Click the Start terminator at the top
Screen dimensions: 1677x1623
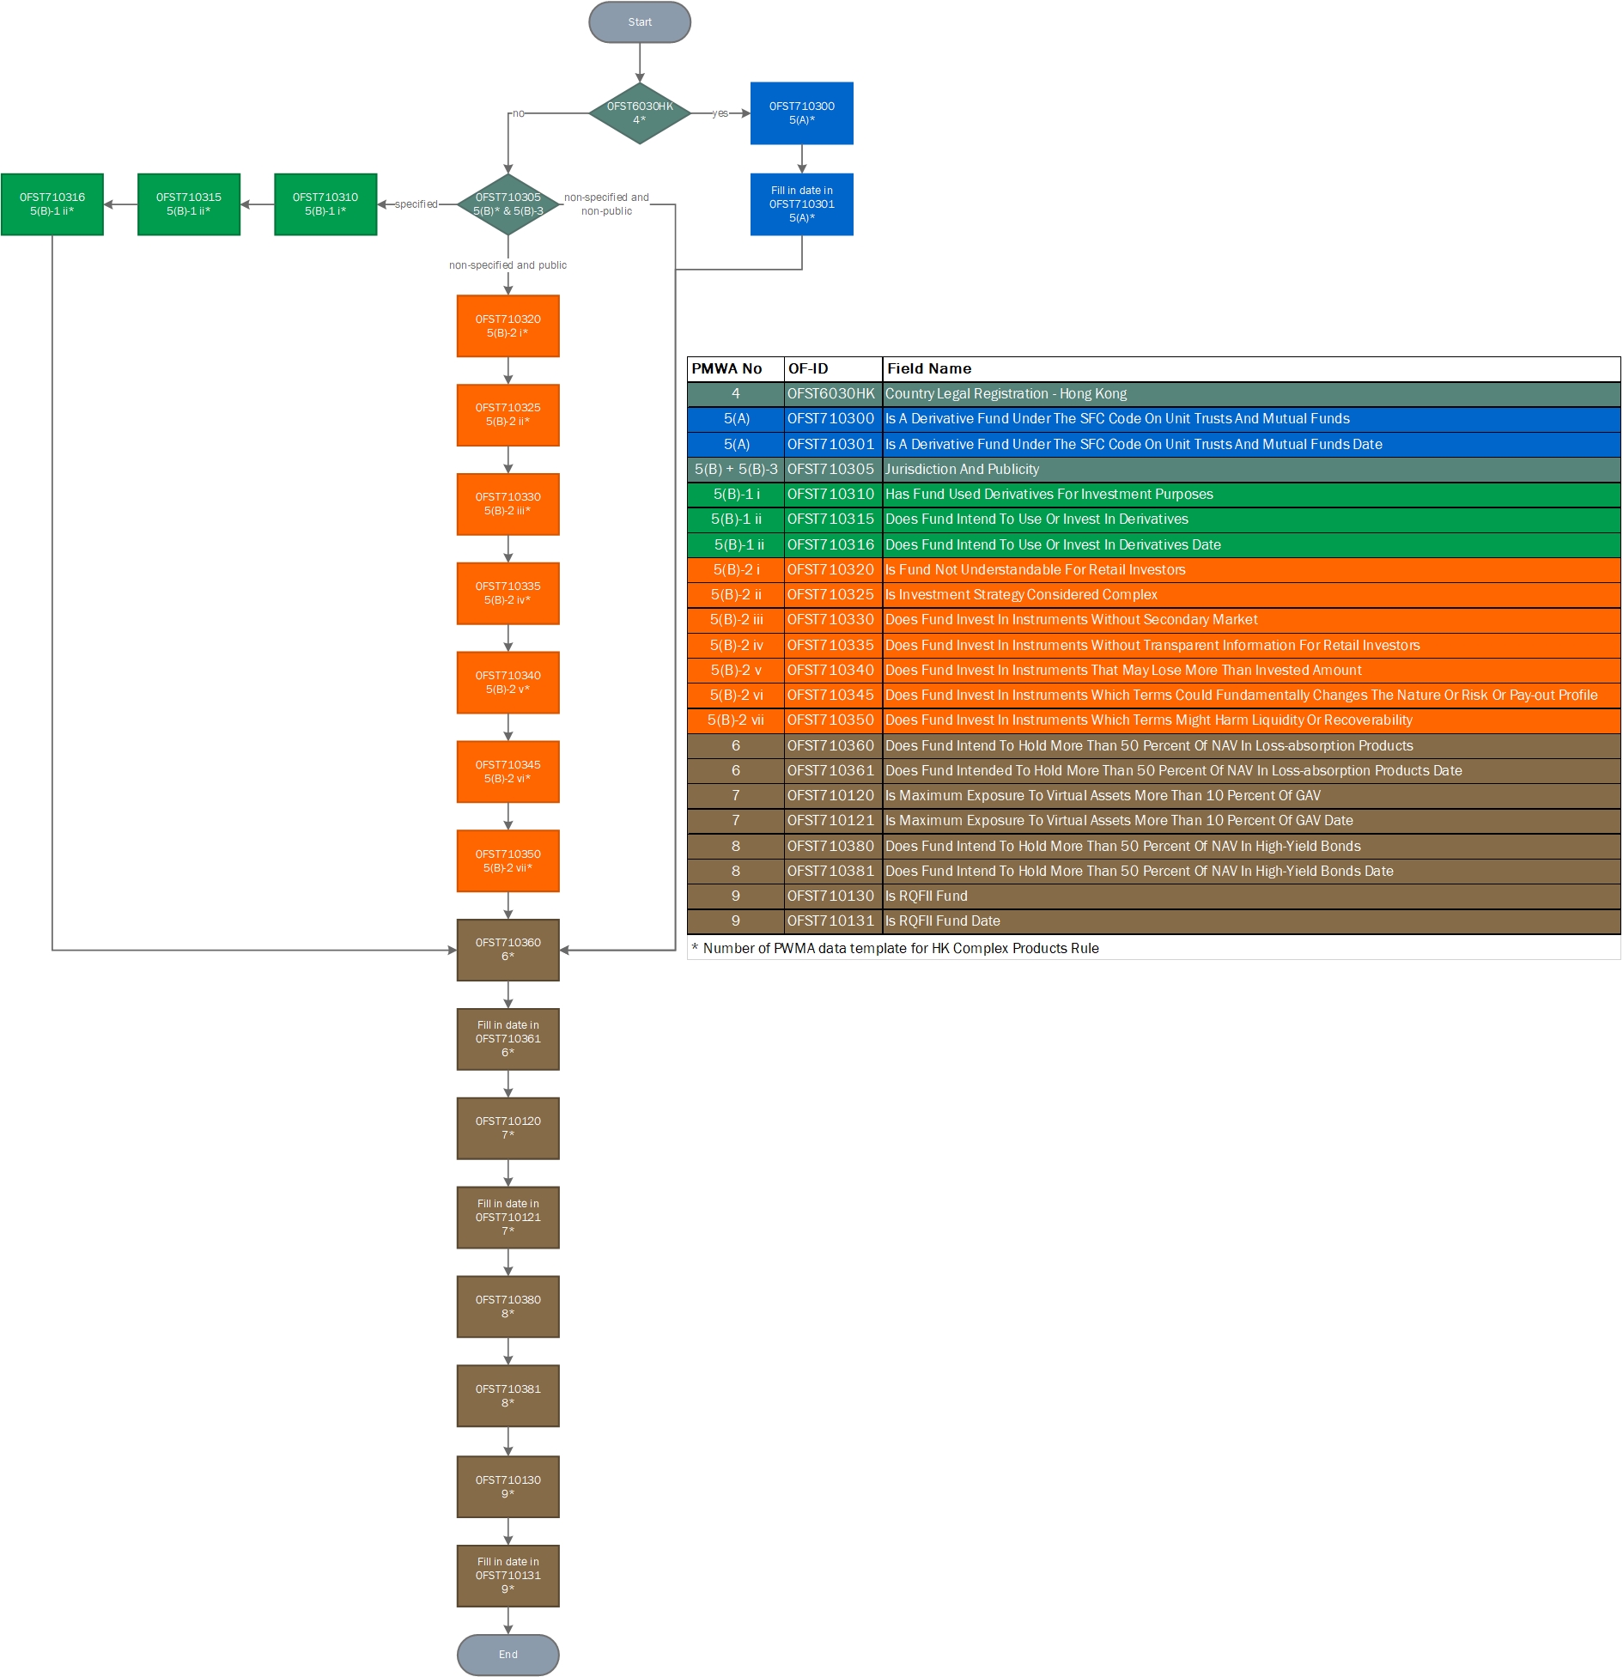(x=639, y=22)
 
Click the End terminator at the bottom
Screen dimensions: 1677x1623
(x=508, y=1654)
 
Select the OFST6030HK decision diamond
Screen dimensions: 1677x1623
(x=639, y=113)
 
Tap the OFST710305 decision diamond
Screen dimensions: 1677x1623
(x=508, y=204)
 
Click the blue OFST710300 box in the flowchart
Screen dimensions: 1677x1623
(x=801, y=113)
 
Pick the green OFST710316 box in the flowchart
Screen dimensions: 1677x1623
(x=52, y=204)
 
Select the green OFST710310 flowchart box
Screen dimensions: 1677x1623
(x=325, y=204)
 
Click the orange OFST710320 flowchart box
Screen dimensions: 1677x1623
(x=508, y=326)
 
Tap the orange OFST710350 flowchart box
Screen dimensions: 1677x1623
(x=508, y=860)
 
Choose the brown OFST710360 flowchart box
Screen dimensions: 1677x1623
(x=508, y=950)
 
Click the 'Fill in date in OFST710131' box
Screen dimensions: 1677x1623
(x=508, y=1576)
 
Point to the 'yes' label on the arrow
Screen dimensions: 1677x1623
(x=720, y=113)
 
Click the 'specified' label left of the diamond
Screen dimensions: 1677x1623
(x=416, y=204)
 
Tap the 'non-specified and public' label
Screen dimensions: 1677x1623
(x=508, y=265)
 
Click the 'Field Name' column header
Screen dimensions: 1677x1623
(x=929, y=369)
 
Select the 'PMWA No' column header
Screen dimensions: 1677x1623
(x=726, y=369)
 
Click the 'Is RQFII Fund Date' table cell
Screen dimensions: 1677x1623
(x=943, y=921)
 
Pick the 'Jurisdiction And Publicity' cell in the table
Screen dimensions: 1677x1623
(x=962, y=470)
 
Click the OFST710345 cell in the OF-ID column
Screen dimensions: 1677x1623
(x=830, y=696)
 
